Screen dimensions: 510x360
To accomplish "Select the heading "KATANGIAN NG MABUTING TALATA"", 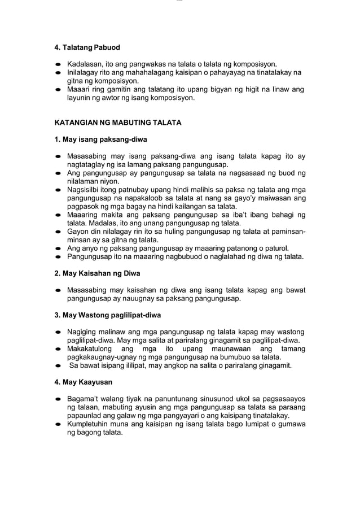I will [x=117, y=123].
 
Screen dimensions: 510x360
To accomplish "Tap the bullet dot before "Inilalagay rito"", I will [x=58, y=73].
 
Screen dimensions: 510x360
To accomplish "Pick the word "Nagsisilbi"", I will [x=85, y=190].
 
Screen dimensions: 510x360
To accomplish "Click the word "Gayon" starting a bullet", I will [x=78, y=232].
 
